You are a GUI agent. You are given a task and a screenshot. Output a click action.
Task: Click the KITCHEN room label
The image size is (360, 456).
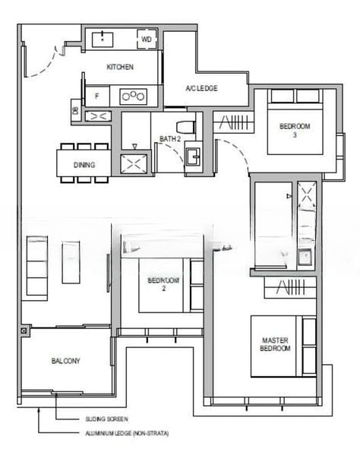pos(120,67)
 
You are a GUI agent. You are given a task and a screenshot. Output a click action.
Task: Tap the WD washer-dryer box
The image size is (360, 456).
pos(147,38)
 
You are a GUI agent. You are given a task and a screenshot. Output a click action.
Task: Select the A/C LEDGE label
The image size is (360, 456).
pos(201,89)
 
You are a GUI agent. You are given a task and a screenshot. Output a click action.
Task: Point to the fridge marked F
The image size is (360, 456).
pos(97,96)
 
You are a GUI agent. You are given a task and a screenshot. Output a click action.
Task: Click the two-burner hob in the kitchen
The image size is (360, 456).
pos(134,96)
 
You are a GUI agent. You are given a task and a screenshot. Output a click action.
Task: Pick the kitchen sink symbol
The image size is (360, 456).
pos(99,39)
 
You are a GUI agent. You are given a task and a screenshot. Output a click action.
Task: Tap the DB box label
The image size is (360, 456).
pos(75,111)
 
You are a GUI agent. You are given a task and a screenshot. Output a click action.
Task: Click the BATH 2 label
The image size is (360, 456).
pos(170,138)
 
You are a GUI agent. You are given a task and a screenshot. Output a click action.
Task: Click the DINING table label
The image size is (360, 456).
pos(84,165)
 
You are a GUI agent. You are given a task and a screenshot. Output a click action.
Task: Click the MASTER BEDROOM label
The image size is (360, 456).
pos(275,344)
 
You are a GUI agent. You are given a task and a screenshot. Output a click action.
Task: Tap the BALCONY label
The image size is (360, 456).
pos(66,360)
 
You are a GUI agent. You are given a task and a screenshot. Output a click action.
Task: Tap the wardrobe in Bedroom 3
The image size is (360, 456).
pos(232,122)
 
